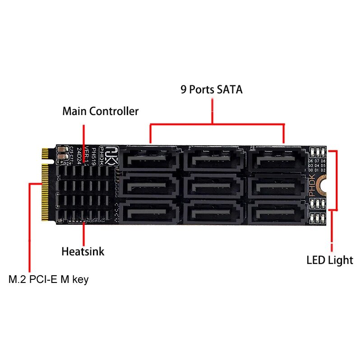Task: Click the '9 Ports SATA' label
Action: click(212, 89)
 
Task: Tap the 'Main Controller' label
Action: click(100, 111)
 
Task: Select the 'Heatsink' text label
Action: click(83, 251)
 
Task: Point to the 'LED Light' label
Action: click(329, 260)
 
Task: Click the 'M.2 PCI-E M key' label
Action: click(49, 279)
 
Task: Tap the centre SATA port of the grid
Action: click(214, 185)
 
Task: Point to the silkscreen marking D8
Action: click(324, 161)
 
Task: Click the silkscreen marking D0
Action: click(310, 171)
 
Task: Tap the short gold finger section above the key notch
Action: click(45, 153)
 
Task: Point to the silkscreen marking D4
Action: click(317, 166)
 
